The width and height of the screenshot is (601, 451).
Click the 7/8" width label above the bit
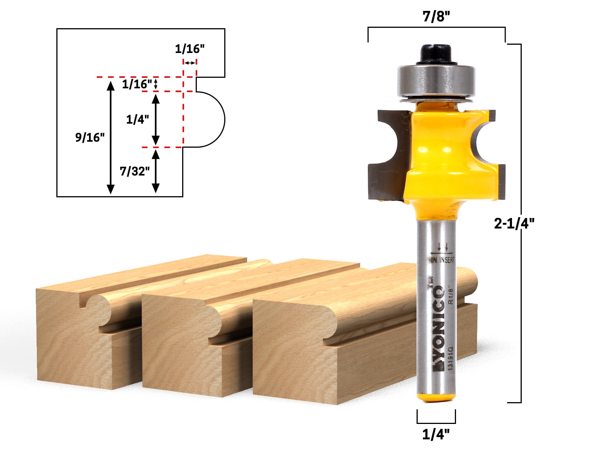point(436,17)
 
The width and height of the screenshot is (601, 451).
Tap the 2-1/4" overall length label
point(513,224)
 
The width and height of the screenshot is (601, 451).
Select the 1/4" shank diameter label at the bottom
point(436,434)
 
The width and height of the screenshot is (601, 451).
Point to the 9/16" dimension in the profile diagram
point(90,138)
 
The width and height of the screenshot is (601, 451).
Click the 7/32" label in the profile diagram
point(134,171)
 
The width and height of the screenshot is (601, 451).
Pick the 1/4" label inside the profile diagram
point(137,120)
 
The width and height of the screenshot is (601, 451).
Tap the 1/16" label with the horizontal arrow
point(190,49)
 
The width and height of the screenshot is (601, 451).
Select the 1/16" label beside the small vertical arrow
point(137,84)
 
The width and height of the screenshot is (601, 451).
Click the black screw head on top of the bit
point(436,53)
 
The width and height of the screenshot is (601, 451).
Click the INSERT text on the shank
point(447,260)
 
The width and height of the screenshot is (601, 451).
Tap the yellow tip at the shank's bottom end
point(436,397)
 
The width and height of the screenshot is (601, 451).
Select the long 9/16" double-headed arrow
point(110,138)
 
